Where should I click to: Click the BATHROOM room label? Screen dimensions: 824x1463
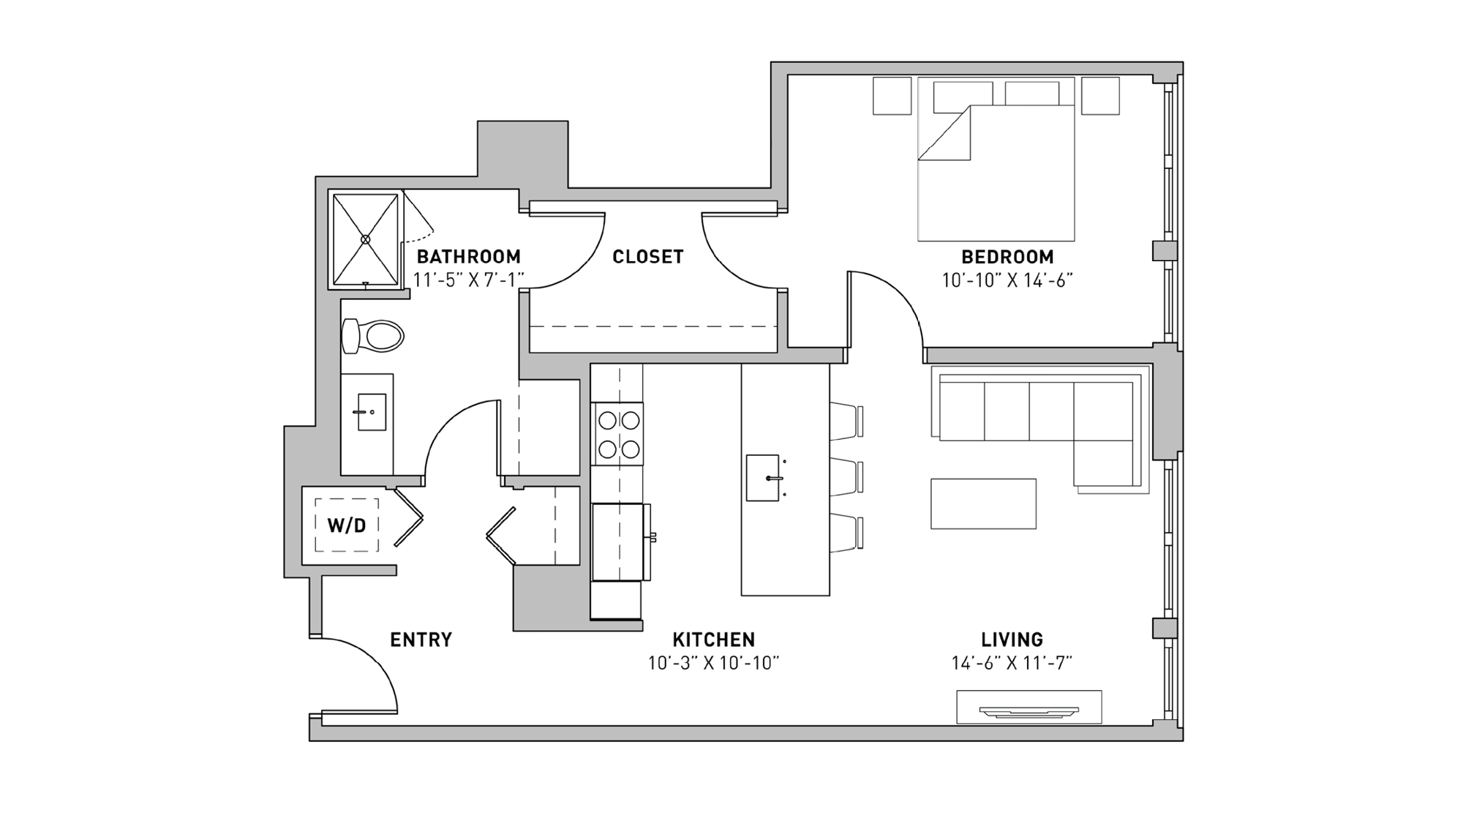point(468,257)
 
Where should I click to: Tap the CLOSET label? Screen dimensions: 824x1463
point(647,257)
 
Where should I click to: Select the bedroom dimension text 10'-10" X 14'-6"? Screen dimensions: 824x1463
point(1007,280)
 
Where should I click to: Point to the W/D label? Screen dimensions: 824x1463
point(347,525)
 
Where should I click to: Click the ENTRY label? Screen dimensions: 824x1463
point(421,640)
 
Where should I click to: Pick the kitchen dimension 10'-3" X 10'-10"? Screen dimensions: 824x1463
point(713,663)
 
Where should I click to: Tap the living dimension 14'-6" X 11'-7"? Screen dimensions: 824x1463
point(1012,663)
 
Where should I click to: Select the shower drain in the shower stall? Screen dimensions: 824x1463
point(366,239)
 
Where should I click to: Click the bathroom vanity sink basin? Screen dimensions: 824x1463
point(371,412)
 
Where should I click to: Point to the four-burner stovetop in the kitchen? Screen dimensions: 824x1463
point(618,434)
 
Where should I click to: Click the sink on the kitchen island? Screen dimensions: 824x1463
point(763,478)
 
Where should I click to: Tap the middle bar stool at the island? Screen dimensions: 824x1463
point(846,476)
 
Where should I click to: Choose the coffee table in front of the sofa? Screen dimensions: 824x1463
point(983,503)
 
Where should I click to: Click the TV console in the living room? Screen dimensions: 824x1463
point(1028,707)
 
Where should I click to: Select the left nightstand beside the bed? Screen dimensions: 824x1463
point(892,96)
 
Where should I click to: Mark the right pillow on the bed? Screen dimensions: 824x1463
point(1031,94)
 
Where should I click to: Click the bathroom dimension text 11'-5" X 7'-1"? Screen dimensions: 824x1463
point(468,280)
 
